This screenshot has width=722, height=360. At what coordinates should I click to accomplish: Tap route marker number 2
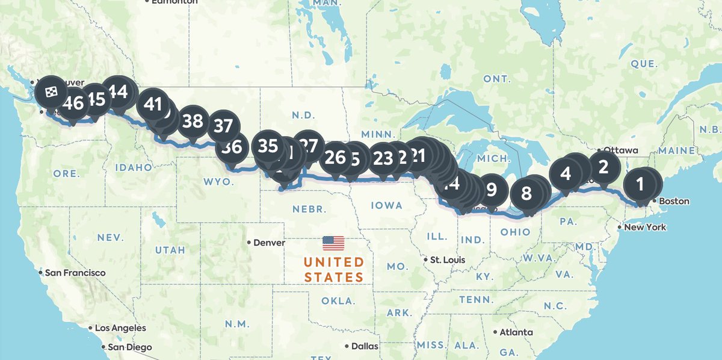coord(603,164)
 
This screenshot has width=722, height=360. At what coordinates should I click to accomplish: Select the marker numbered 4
coord(566,174)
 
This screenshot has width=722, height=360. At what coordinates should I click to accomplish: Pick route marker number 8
coord(526,193)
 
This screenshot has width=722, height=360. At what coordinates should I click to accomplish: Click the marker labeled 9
coord(492,190)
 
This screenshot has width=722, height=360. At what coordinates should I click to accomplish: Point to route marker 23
coord(383,158)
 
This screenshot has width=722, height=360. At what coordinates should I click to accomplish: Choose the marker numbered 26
coord(335,158)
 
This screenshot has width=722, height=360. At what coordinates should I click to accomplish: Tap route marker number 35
coord(268,146)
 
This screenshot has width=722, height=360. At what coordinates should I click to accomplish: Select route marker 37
coord(223,126)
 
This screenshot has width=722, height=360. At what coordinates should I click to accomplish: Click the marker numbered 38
coord(193,121)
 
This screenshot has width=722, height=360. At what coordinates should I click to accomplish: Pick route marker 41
coord(153,105)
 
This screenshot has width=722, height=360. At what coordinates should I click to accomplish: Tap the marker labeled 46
coord(73,103)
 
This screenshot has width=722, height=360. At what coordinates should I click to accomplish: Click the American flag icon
coord(333,243)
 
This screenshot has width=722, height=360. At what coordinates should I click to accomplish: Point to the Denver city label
coord(268,243)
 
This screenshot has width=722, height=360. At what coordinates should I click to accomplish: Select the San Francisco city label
coord(75,273)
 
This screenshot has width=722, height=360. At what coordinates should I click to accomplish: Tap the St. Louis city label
coord(447,260)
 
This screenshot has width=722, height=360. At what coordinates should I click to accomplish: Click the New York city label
coord(645,227)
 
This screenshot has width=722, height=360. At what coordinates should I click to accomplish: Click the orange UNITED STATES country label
coord(333,270)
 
